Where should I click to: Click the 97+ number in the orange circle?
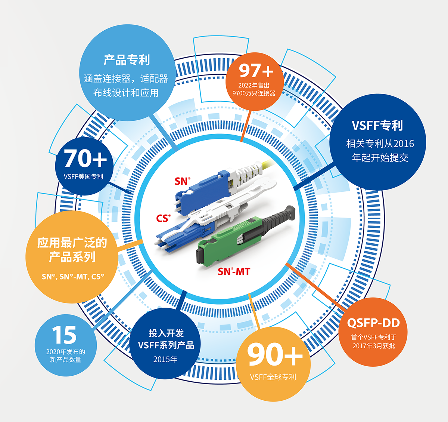click(256, 71)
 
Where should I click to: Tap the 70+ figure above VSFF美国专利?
click(85, 158)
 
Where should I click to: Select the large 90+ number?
click(274, 354)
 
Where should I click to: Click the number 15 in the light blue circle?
click(65, 335)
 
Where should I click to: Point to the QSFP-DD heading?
click(373, 323)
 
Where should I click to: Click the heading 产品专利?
click(127, 60)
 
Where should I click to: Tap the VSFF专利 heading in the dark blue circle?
click(377, 126)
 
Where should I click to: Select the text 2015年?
click(165, 360)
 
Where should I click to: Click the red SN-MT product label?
click(234, 271)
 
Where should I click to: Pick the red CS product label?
click(163, 218)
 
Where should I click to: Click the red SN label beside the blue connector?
click(183, 181)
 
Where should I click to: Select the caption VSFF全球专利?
click(273, 377)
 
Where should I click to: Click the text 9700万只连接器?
click(254, 93)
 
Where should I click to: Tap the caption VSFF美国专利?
click(84, 176)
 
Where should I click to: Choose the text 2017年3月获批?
click(374, 346)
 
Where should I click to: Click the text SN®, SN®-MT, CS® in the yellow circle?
click(73, 277)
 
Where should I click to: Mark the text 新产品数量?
click(66, 360)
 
